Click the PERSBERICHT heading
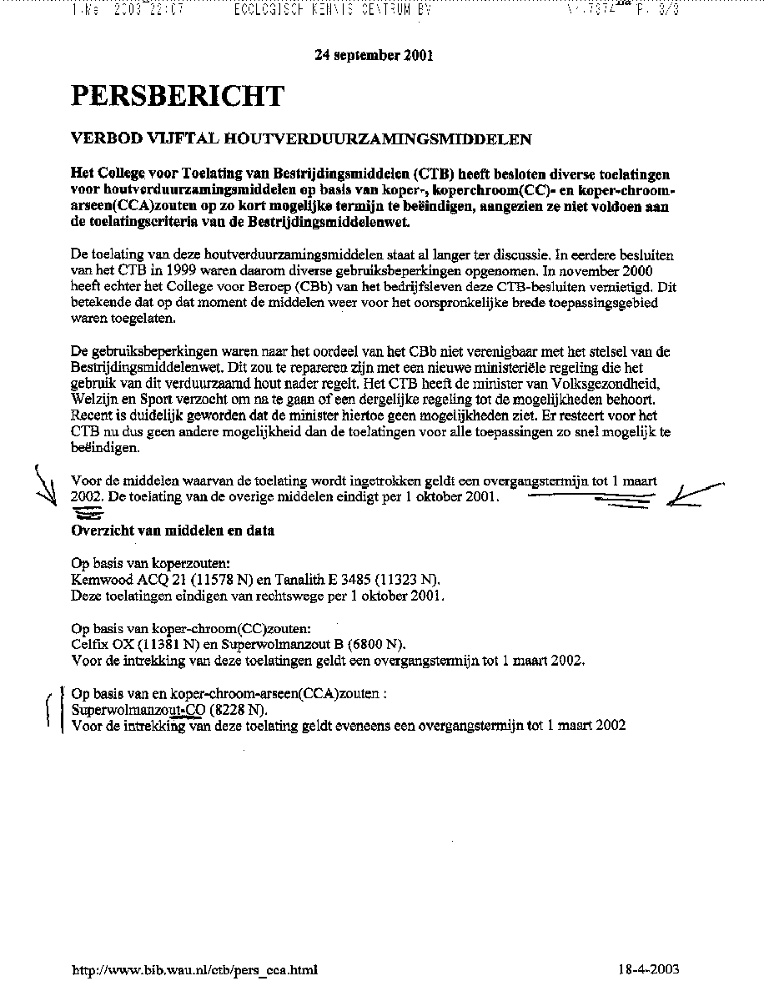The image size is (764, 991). point(178,97)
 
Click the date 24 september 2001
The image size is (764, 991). point(373,56)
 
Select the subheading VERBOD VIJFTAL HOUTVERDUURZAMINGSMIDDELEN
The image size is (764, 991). point(301,139)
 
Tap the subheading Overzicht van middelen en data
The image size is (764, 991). point(173,531)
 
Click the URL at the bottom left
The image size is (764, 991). point(195,969)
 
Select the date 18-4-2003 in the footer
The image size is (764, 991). point(649,969)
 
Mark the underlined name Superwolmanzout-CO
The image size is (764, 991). point(138,710)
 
